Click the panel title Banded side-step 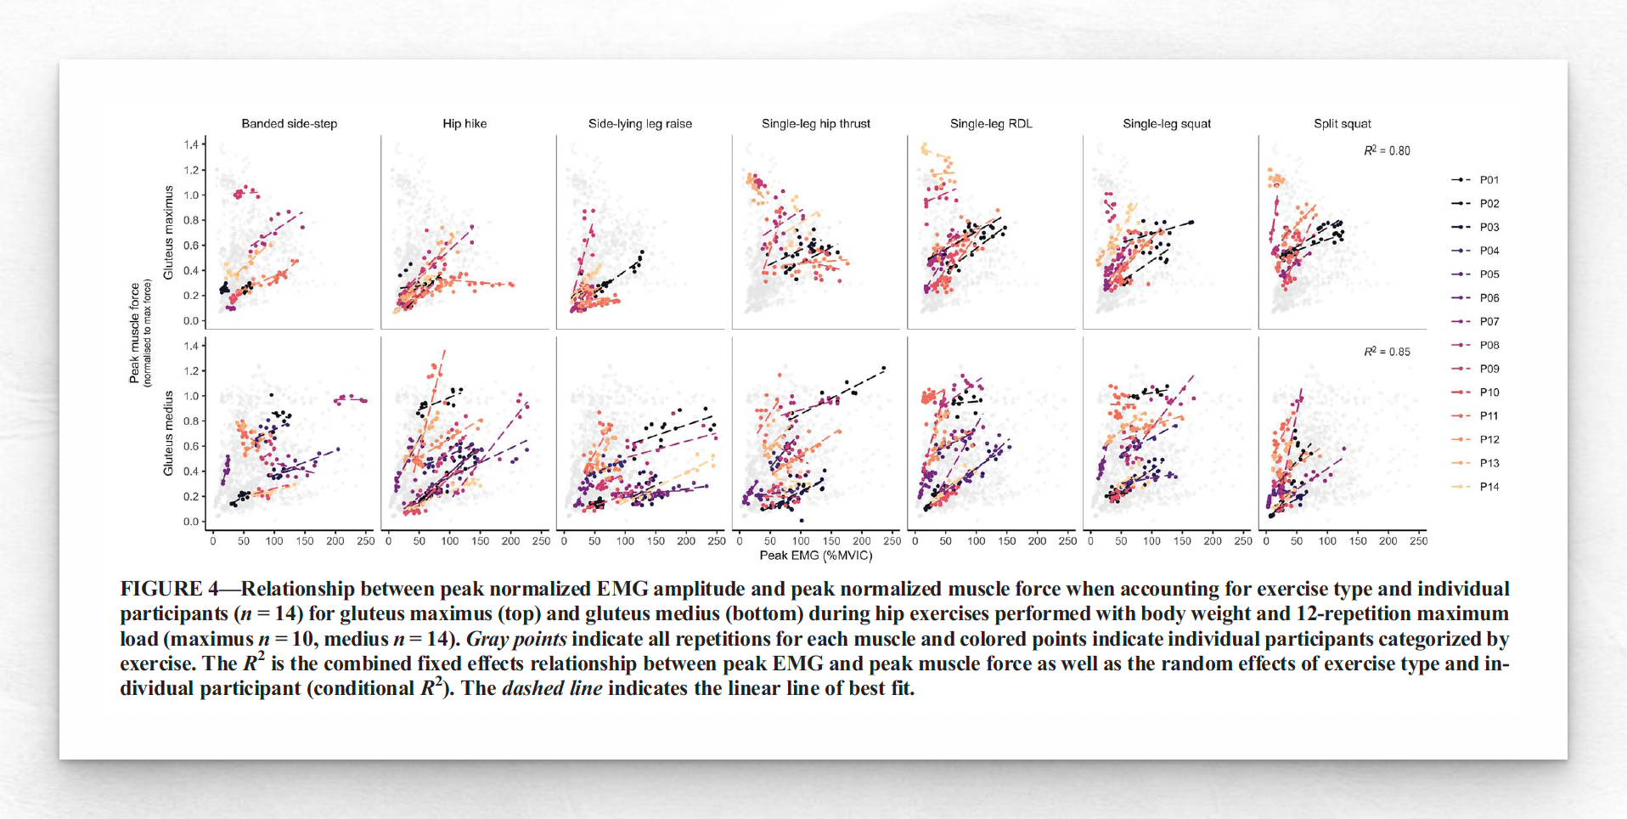(x=289, y=124)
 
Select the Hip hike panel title (x=464, y=124)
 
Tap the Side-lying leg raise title (x=640, y=124)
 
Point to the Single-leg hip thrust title (x=815, y=124)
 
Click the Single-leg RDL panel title (x=991, y=124)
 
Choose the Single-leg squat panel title (x=1167, y=124)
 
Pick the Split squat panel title (x=1342, y=124)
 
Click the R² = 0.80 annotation (x=1387, y=151)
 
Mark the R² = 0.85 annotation (x=1387, y=352)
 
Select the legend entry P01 (x=1489, y=180)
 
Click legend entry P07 (x=1489, y=322)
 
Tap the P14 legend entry (x=1489, y=487)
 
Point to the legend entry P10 (x=1489, y=393)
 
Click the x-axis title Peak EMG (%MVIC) (x=815, y=556)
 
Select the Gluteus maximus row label (x=168, y=233)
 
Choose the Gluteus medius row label (x=168, y=433)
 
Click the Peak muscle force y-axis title (x=134, y=333)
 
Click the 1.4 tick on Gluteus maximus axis (x=191, y=145)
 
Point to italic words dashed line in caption (x=552, y=688)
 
